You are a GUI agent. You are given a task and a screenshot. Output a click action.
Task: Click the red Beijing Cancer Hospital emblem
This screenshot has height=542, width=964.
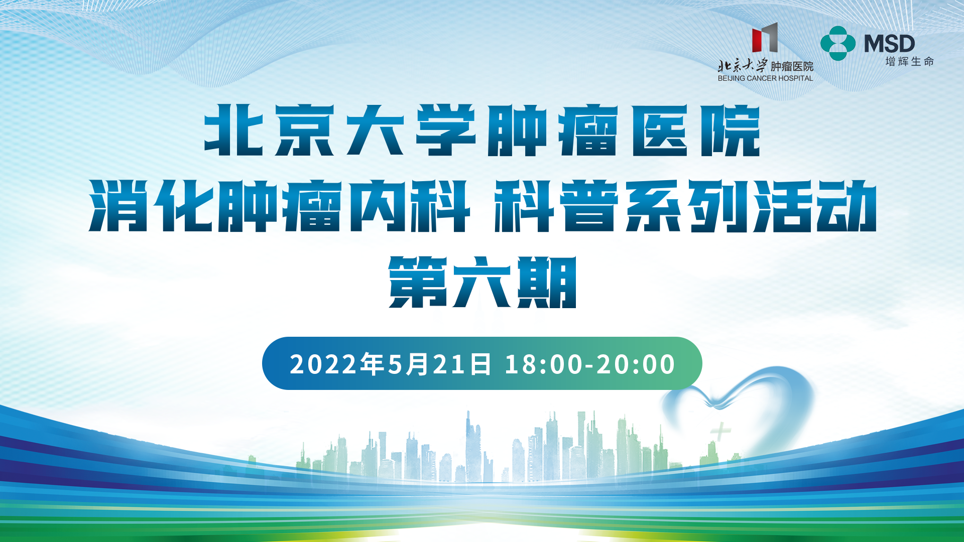click(765, 38)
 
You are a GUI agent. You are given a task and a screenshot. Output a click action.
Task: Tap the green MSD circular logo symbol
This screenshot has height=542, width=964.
click(838, 43)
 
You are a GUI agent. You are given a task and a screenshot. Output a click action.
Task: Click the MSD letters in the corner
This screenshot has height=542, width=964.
click(889, 44)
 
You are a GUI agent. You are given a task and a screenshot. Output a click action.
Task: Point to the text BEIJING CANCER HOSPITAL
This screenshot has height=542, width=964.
click(765, 78)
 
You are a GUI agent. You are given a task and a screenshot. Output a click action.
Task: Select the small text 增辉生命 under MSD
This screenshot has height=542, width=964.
click(909, 62)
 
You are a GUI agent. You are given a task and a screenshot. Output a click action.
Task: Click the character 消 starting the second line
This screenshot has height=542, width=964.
click(118, 206)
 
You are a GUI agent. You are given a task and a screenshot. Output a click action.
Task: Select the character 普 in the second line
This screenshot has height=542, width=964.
click(590, 206)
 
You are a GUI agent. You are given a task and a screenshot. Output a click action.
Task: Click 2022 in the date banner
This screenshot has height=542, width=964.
click(324, 364)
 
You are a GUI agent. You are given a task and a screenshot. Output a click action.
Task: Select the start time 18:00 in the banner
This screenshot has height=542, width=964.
click(544, 364)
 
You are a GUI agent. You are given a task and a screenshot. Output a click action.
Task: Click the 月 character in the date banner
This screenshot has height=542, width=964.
click(418, 364)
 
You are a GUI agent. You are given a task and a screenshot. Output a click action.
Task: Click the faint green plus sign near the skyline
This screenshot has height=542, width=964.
click(720, 431)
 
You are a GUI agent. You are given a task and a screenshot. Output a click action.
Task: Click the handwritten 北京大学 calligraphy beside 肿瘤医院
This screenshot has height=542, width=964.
click(743, 66)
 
